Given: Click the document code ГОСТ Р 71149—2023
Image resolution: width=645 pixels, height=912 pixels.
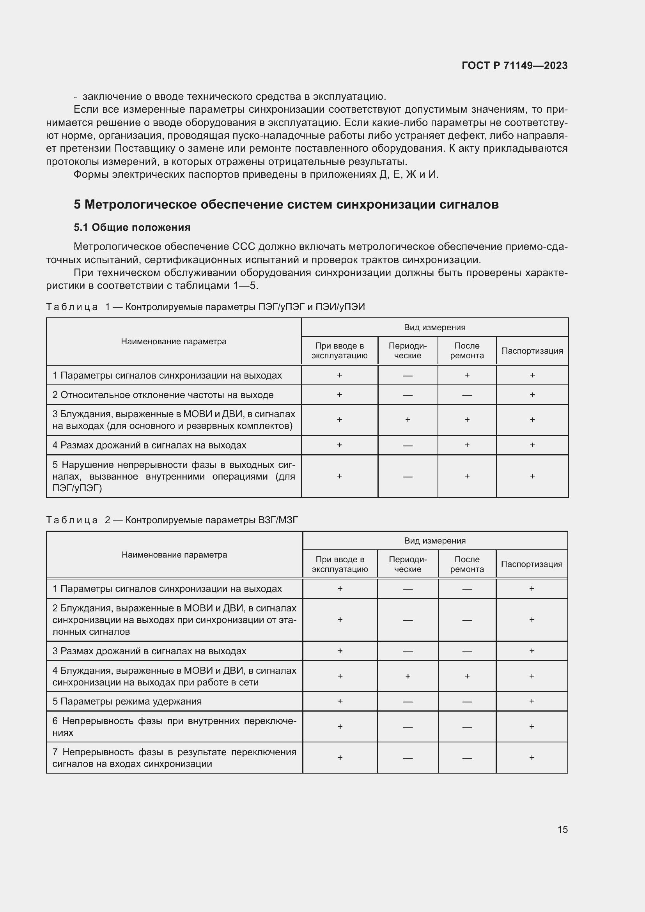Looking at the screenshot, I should [514, 66].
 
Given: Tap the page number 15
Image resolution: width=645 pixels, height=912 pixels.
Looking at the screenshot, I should [562, 829].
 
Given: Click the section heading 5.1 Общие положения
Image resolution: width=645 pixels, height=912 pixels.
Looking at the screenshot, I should [132, 227].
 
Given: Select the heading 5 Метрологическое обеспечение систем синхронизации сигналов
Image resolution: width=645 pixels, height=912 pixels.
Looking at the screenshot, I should [286, 205].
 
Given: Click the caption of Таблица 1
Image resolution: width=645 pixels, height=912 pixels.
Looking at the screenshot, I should [206, 306].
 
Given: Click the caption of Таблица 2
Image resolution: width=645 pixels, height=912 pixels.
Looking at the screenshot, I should [172, 520].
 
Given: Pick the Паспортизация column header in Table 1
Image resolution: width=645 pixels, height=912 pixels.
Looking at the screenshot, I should [532, 351].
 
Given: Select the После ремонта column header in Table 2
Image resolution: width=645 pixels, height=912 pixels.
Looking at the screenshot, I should [467, 564].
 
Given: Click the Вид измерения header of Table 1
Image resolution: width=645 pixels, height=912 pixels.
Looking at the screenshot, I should [434, 327].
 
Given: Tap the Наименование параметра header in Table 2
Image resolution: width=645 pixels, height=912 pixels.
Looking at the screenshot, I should [174, 554].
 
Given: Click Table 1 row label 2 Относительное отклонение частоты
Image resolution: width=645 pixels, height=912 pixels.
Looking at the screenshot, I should [163, 395].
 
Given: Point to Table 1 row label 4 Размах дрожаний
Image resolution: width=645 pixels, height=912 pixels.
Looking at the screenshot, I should [149, 445].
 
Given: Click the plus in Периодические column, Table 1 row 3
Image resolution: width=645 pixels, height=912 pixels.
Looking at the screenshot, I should [408, 420].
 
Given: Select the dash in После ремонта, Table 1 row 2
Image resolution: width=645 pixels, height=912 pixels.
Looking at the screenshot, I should [467, 395].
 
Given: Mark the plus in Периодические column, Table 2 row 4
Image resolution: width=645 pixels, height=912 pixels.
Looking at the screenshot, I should [408, 676].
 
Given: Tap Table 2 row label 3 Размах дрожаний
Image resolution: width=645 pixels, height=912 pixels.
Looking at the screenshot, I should [149, 651].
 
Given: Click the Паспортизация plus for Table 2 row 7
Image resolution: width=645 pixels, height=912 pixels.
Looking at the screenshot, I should [532, 758].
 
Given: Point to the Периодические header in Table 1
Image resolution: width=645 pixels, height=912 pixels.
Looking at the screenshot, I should [408, 351].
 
